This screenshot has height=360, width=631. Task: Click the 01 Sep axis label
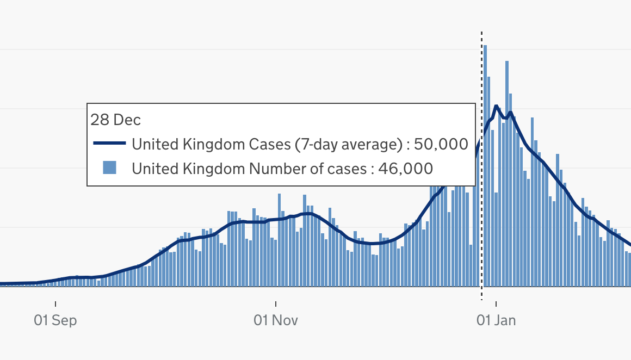(55, 320)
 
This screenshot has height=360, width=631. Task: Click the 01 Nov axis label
(276, 320)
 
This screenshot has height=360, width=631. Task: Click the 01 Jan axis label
(496, 320)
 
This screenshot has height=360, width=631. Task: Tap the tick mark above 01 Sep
(55, 303)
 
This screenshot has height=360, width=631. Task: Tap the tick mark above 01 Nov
(276, 303)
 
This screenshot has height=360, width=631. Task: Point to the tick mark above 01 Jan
(496, 303)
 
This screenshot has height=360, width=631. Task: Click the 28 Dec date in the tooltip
(115, 120)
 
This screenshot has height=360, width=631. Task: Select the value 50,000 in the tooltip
(441, 144)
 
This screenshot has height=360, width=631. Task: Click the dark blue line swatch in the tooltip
(110, 144)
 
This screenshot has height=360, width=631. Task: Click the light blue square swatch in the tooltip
(110, 168)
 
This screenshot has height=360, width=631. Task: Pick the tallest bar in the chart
(485, 163)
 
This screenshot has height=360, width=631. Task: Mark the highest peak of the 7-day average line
(496, 105)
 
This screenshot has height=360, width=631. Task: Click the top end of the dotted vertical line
(481, 33)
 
